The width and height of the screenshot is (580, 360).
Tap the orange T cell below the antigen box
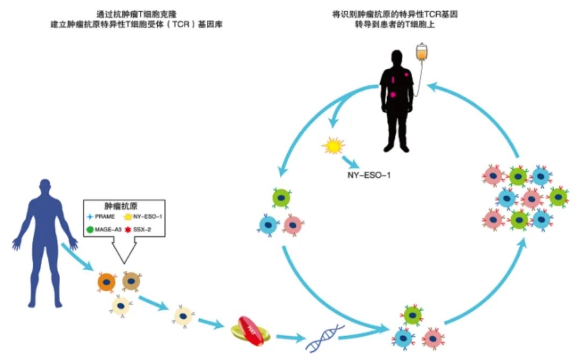pyautogui.click(x=106, y=281)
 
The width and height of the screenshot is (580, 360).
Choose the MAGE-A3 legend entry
pyautogui.click(x=104, y=229)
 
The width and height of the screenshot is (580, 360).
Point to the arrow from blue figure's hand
pyautogui.click(x=77, y=257)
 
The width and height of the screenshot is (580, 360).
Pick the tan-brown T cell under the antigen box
pyautogui.click(x=131, y=280)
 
